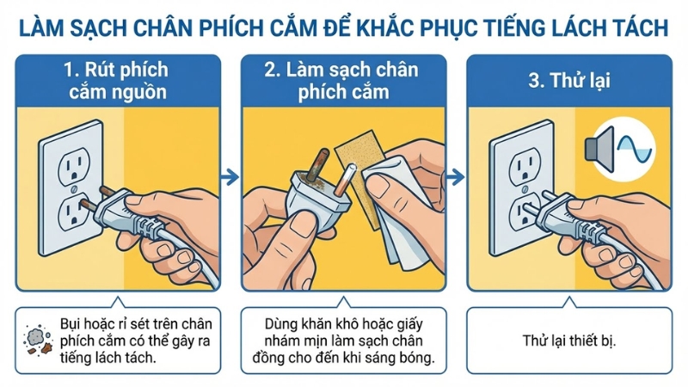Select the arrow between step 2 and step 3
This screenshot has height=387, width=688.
point(458,177)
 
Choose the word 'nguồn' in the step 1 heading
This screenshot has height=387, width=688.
point(141,92)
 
